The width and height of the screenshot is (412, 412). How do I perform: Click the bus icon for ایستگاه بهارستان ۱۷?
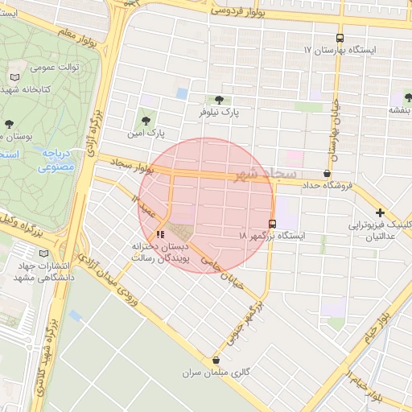click(340, 38)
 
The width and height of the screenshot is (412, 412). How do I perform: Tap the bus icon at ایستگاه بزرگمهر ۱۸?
click(272, 224)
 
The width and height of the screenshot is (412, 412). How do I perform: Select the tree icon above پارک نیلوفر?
click(220, 100)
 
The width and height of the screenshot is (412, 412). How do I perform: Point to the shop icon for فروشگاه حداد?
click(327, 173)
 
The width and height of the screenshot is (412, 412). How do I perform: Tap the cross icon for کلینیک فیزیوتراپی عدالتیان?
click(380, 212)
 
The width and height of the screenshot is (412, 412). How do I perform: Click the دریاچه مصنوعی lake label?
click(56, 159)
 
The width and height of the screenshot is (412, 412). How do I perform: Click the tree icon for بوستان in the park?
click(9, 124)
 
